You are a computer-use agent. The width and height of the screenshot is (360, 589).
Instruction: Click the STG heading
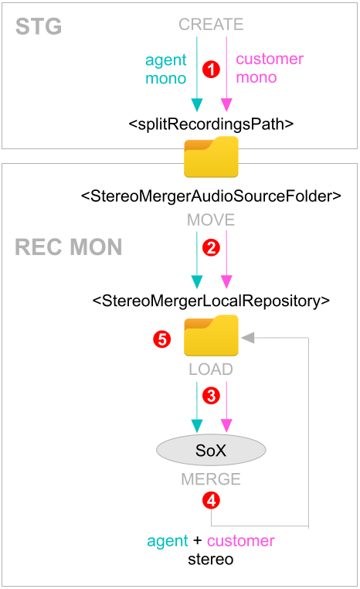click(x=39, y=27)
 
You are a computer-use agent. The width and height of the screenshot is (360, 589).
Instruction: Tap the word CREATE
click(x=211, y=25)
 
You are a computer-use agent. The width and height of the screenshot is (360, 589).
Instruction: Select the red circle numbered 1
click(x=212, y=70)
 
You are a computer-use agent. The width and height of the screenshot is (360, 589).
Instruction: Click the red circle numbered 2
click(x=212, y=248)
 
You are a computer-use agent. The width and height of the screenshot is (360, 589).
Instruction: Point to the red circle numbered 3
click(x=212, y=396)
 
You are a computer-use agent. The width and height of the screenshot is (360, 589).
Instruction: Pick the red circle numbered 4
click(x=212, y=500)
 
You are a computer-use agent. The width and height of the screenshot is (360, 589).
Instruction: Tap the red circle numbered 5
click(x=161, y=339)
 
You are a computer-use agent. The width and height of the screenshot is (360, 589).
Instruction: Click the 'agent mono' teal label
click(x=166, y=69)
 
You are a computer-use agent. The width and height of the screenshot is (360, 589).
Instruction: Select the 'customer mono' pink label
click(x=270, y=68)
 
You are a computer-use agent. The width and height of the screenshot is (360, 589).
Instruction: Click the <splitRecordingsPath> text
click(x=211, y=124)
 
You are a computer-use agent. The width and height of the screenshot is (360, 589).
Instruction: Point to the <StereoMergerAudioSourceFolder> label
click(x=211, y=196)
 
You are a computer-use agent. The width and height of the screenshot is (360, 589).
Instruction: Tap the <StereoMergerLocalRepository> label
click(x=211, y=301)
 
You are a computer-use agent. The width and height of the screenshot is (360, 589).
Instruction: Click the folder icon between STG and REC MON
click(x=211, y=157)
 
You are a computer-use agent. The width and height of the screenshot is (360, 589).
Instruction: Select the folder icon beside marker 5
click(x=211, y=335)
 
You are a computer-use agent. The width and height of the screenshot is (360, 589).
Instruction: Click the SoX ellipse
click(x=211, y=450)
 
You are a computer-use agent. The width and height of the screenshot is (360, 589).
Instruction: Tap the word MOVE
click(x=211, y=220)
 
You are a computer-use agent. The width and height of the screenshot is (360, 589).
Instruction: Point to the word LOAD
click(x=211, y=369)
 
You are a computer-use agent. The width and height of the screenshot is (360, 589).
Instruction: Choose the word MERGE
click(x=211, y=479)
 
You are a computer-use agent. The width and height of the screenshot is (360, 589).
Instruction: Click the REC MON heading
click(x=68, y=247)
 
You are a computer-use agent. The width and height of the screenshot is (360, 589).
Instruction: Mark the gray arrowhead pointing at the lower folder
click(x=248, y=338)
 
